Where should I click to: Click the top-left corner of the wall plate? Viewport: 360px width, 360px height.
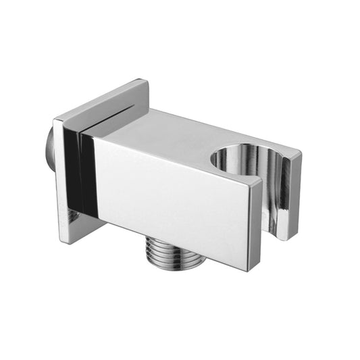coord(55,122)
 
